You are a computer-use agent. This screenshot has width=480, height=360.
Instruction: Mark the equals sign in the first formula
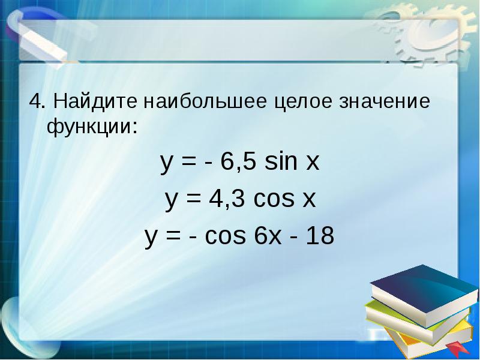tap(187, 163)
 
